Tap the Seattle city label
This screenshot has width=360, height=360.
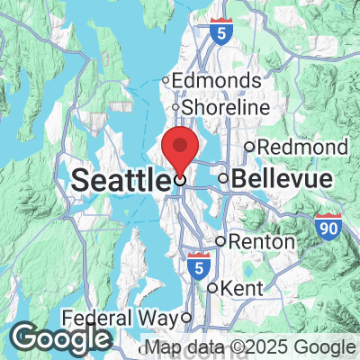tap(119, 179)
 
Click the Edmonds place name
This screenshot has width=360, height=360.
tap(216, 81)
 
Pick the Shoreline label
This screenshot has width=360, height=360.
tap(226, 107)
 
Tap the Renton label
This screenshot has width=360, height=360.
tap(262, 241)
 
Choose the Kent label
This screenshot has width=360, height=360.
tap(233, 288)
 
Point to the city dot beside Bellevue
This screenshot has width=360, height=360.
tap(223, 178)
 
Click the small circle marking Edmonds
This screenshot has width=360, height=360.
tap(166, 81)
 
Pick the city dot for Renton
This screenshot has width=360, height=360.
tap(220, 241)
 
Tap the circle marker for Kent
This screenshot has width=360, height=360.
tap(212, 288)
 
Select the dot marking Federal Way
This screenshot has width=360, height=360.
tap(185, 318)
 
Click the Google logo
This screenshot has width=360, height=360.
tap(61, 338)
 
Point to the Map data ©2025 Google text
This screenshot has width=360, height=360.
tap(250, 347)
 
